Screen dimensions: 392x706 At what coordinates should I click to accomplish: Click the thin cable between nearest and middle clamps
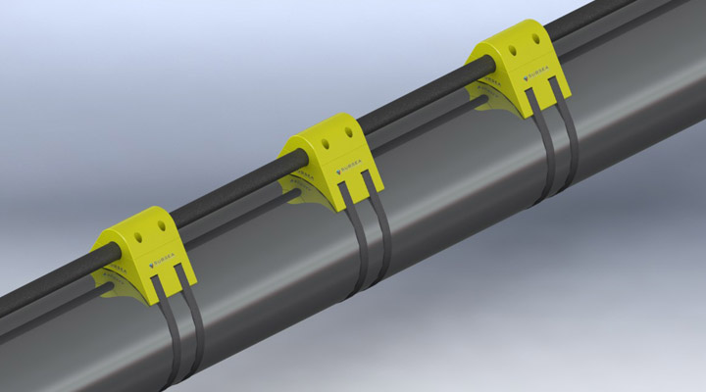tap(235, 196)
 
